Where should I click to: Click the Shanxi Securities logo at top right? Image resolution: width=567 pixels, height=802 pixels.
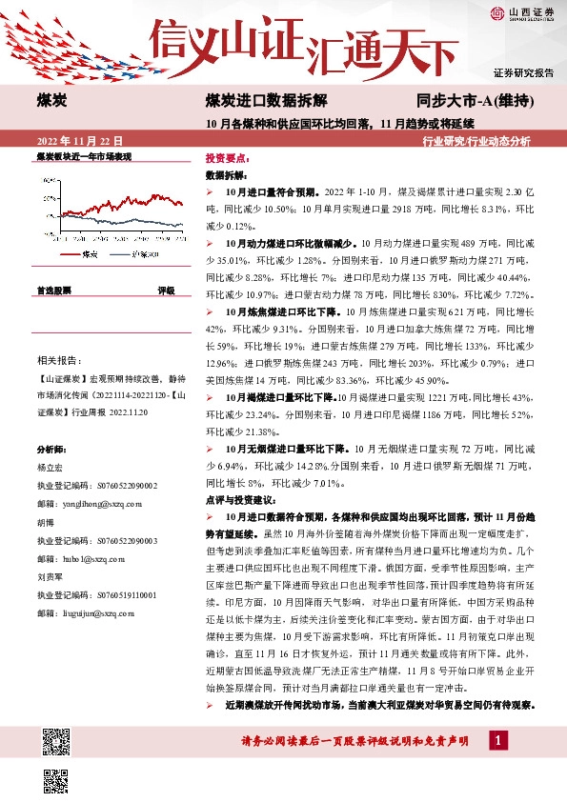(x=523, y=12)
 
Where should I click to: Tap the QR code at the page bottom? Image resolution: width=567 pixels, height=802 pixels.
(x=58, y=747)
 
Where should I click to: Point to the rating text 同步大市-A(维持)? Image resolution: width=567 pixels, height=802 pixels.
(x=473, y=99)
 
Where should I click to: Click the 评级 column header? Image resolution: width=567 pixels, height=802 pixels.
(x=166, y=291)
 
